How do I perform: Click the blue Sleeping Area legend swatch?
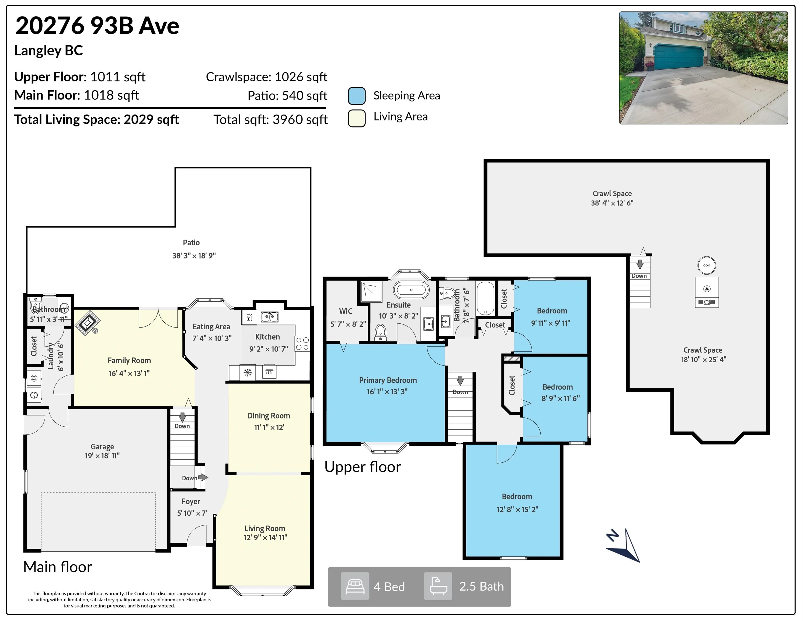coord(357,96)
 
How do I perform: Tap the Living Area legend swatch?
coord(357,118)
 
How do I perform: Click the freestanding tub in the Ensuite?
coord(411,290)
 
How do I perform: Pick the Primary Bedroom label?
coord(388,380)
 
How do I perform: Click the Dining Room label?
coord(269,416)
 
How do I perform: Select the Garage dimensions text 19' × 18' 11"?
coord(102,456)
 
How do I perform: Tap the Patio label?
coord(191,242)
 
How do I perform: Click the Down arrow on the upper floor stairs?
coord(460,380)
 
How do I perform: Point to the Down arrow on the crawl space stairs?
coord(640,264)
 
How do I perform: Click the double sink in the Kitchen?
coord(269,317)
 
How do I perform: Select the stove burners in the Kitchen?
coord(302,344)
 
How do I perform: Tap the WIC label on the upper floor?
coord(346,311)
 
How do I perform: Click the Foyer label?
coord(191,501)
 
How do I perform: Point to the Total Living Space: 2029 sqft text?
coord(96,120)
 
